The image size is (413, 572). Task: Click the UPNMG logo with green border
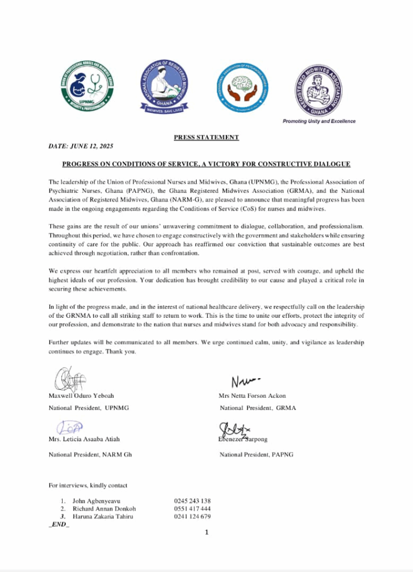coord(87,86)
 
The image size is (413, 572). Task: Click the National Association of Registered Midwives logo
coord(164,86)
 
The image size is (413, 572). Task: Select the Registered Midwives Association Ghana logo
coord(318,89)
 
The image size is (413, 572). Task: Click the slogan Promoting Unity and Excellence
coord(319,121)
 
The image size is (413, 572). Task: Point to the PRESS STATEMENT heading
coord(206,137)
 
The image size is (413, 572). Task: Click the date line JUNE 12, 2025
coord(81,146)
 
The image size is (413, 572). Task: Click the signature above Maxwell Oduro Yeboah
coord(69,379)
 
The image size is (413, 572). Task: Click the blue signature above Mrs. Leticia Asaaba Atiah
coord(70,428)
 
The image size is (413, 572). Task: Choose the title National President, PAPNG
coord(256,454)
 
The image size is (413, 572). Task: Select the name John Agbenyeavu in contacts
coord(96,500)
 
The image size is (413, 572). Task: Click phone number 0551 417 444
coord(192,509)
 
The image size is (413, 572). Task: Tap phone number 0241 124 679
coord(192,517)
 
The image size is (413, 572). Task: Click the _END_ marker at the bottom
coord(59,525)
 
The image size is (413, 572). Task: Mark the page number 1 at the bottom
coord(206,533)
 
